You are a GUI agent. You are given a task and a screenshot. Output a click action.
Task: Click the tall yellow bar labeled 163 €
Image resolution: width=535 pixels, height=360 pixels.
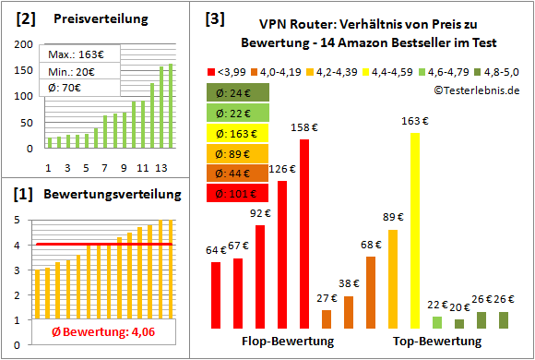click(415, 231)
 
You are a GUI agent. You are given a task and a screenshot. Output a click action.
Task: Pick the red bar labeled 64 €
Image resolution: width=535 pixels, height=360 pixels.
click(216, 295)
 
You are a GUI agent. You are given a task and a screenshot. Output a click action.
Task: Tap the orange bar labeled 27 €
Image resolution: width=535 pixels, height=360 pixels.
click(327, 318)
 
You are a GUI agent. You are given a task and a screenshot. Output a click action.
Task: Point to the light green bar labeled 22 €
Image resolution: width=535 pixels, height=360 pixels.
click(437, 322)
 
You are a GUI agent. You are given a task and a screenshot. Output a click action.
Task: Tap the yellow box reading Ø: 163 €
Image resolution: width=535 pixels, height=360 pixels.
click(238, 132)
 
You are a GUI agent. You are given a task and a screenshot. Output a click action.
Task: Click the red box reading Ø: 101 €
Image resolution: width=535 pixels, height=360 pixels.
click(238, 193)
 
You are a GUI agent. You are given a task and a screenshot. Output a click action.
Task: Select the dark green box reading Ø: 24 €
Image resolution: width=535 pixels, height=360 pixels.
click(238, 91)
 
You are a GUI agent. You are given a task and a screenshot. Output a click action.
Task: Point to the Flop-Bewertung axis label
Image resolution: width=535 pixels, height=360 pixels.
click(287, 342)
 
